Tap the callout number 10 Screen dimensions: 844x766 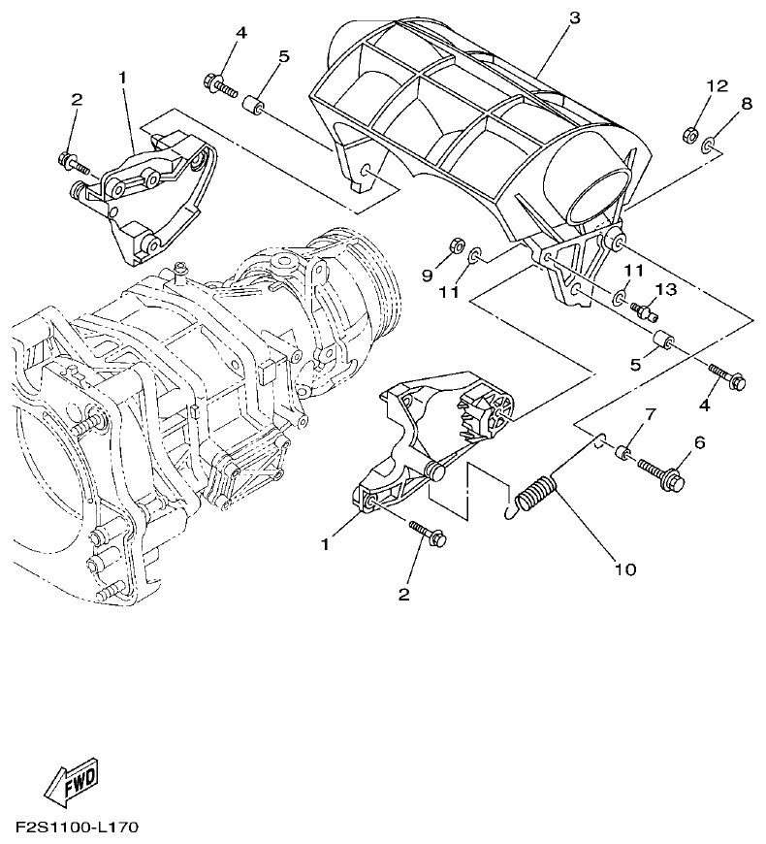coord(625,568)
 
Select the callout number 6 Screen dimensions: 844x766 coord(699,442)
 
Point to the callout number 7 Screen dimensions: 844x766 coord(651,414)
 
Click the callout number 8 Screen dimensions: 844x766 coord(746,103)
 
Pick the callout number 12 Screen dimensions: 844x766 coord(716,86)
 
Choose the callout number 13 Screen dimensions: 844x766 coord(664,290)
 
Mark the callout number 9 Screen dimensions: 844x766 coord(428,276)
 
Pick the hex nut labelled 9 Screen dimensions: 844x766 coord(455,243)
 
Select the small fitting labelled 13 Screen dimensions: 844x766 coord(644,310)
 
